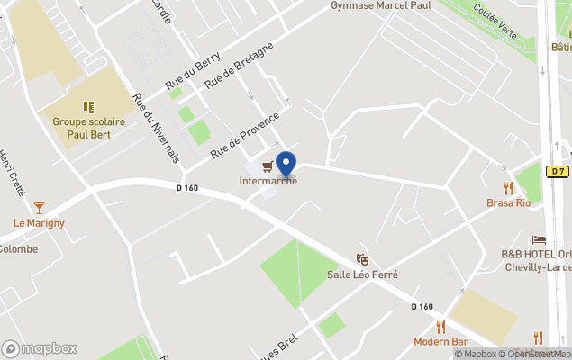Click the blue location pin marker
click(286, 165)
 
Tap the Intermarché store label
click(268, 181)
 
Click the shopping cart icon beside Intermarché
click(268, 166)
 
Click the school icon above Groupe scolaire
click(89, 107)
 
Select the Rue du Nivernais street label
click(154, 128)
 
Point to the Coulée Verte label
click(495, 19)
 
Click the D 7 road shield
click(558, 171)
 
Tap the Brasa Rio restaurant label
click(509, 203)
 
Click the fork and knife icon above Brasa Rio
click(509, 188)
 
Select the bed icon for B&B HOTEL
click(539, 239)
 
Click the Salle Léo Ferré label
click(362, 274)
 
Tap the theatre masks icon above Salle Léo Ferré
click(362, 259)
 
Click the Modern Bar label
click(440, 342)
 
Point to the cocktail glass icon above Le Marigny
click(39, 208)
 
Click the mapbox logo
click(40, 348)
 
